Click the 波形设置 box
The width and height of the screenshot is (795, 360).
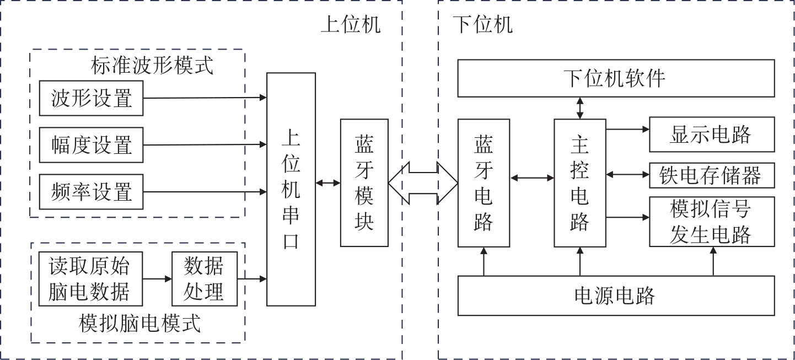pyautogui.click(x=91, y=98)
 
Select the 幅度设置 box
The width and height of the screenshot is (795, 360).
pyautogui.click(x=91, y=145)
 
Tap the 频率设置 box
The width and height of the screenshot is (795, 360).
pyautogui.click(x=91, y=192)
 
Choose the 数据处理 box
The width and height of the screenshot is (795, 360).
pyautogui.click(x=204, y=278)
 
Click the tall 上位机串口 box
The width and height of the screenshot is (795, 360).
pyautogui.click(x=291, y=189)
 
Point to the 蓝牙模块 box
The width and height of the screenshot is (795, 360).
pyautogui.click(x=364, y=182)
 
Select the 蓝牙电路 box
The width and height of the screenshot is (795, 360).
pyautogui.click(x=484, y=182)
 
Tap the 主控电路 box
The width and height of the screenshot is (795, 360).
pyautogui.click(x=579, y=182)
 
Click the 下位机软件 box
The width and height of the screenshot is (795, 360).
pyautogui.click(x=616, y=79)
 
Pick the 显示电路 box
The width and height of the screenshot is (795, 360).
pyautogui.click(x=711, y=134)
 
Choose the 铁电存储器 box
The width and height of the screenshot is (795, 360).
pyautogui.click(x=711, y=175)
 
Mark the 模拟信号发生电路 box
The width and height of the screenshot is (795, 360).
pyautogui.click(x=711, y=221)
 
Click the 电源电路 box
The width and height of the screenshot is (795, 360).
pyautogui.click(x=616, y=295)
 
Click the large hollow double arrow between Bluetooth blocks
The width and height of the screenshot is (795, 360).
pyautogui.click(x=423, y=182)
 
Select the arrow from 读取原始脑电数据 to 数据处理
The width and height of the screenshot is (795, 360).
pyautogui.click(x=158, y=278)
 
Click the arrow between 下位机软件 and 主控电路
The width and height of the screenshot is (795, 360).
pyautogui.click(x=579, y=108)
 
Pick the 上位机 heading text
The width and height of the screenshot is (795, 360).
pyautogui.click(x=351, y=24)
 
